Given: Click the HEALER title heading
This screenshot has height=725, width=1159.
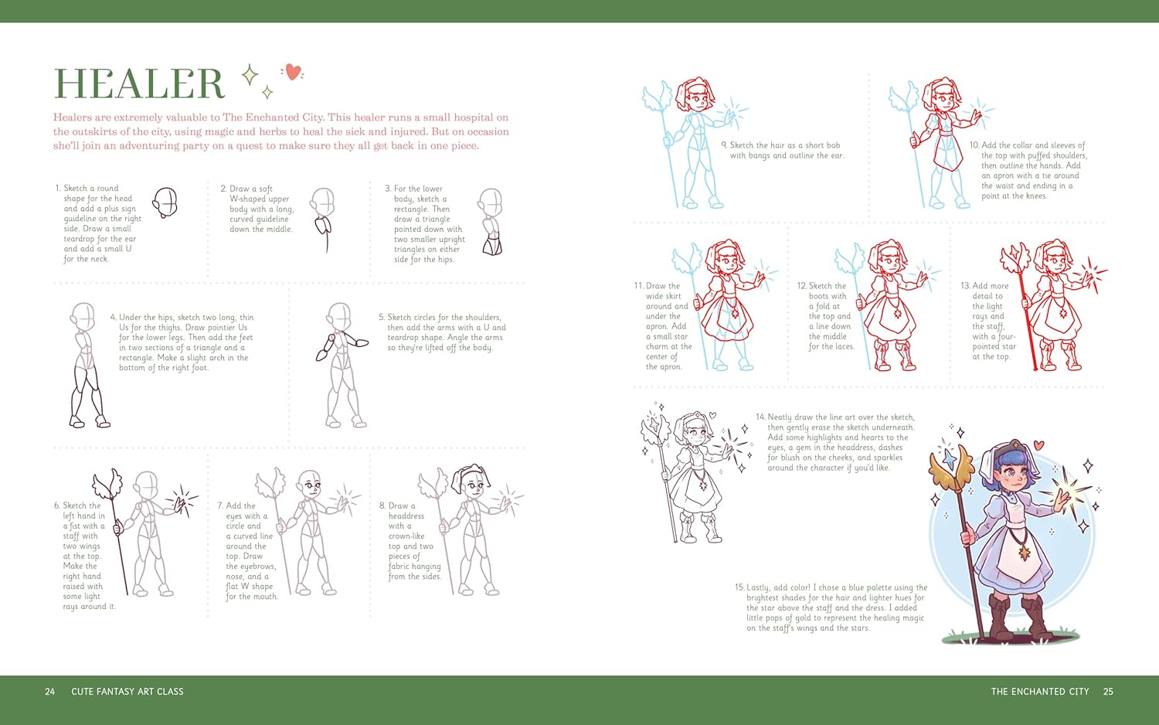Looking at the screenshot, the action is point(139,83).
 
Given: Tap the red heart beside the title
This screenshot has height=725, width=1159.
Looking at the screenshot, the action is point(293,72).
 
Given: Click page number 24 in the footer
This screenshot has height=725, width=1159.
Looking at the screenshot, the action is point(49,691).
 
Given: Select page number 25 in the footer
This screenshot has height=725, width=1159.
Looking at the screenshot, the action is point(1108,691).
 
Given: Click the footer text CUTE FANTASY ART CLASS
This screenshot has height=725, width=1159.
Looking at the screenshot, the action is point(127,691).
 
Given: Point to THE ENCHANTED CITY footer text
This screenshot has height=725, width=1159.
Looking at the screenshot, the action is point(1040,691).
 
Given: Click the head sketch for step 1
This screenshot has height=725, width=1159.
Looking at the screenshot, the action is point(165,203).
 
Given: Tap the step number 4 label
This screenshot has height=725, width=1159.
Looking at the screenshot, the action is point(114,317).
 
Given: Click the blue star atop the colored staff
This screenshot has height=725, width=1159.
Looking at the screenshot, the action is point(949,458).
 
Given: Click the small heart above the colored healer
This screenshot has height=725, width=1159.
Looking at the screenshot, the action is point(1038,444).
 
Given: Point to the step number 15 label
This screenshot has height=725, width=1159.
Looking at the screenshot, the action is point(739,587).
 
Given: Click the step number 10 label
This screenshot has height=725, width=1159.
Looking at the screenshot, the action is point(974,145).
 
